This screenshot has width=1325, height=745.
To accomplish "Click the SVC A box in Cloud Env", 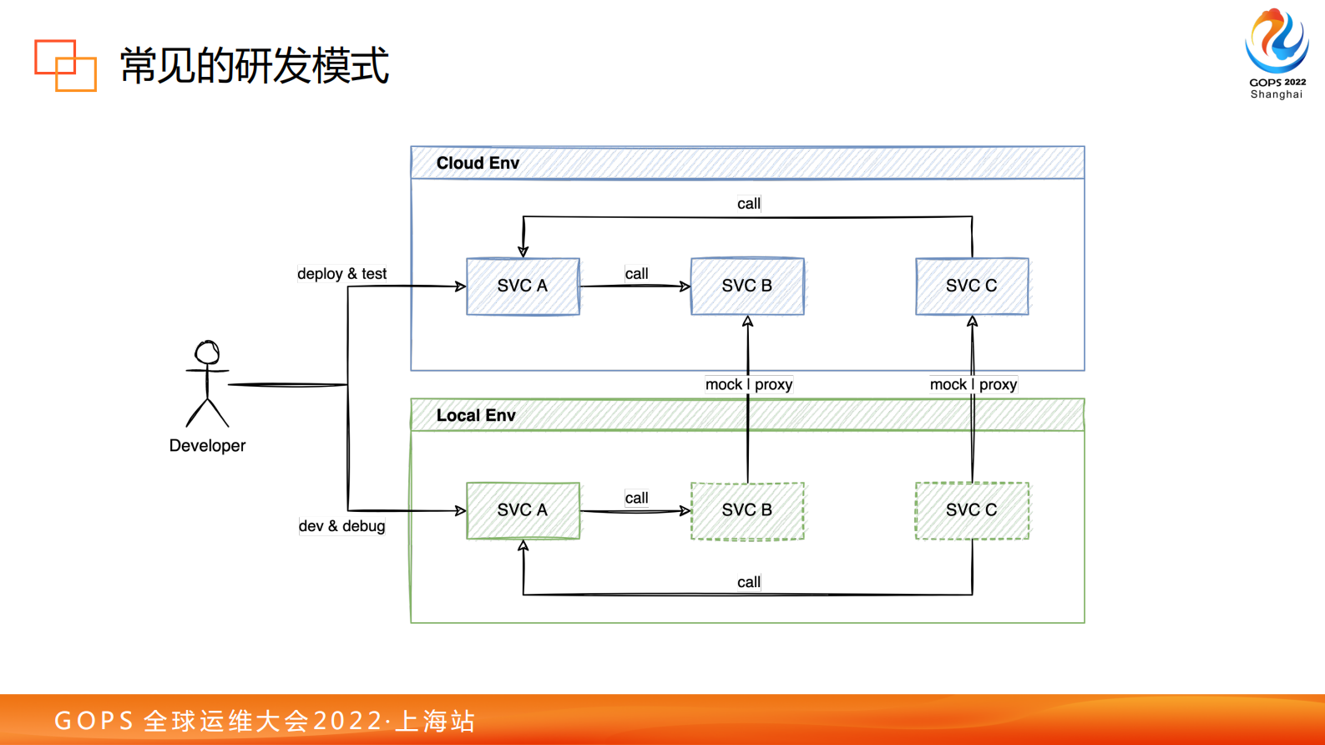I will pyautogui.click(x=523, y=286).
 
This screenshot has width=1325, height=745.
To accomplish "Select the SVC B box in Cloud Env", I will pyautogui.click(x=747, y=286).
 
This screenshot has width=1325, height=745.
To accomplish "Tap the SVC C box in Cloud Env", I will pyautogui.click(x=972, y=286).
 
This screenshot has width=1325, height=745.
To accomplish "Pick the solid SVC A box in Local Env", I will pyautogui.click(x=523, y=510).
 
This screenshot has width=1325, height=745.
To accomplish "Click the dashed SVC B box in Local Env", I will pyautogui.click(x=747, y=510).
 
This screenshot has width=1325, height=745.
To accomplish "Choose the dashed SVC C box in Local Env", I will pyautogui.click(x=972, y=510).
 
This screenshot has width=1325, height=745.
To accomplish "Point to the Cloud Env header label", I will pyautogui.click(x=478, y=163).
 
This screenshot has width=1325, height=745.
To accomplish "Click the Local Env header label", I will pyautogui.click(x=476, y=415).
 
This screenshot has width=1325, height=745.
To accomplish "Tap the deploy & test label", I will pyautogui.click(x=341, y=274).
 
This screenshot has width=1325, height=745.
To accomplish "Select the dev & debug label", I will pyautogui.click(x=341, y=526).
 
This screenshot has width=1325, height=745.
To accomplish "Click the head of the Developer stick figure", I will pyautogui.click(x=207, y=352).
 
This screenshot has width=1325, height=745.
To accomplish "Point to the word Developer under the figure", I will pyautogui.click(x=207, y=446).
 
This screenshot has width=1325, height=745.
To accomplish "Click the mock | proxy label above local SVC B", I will pyautogui.click(x=748, y=384).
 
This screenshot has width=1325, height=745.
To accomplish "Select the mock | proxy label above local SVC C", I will pyautogui.click(x=973, y=384).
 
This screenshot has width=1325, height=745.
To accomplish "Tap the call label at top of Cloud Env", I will pyautogui.click(x=748, y=204).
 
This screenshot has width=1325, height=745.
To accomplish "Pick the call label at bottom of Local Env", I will pyautogui.click(x=748, y=582).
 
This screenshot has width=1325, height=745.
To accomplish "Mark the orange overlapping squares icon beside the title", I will pyautogui.click(x=65, y=65).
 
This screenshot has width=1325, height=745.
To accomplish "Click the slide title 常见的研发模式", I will pyautogui.click(x=254, y=65).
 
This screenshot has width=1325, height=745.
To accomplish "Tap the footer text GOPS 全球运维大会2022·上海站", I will pyautogui.click(x=265, y=720).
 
